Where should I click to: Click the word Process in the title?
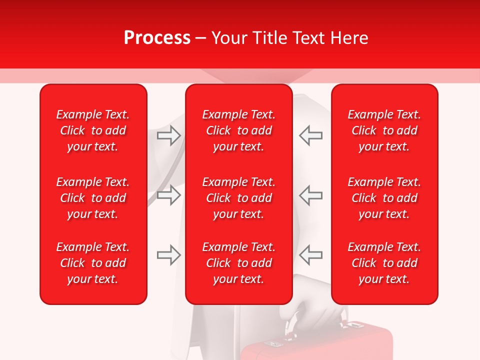tap(157, 37)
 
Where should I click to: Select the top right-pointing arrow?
tap(169, 135)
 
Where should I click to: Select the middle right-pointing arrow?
tap(169, 195)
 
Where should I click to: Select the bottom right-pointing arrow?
tap(169, 255)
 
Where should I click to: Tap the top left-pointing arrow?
tap(310, 135)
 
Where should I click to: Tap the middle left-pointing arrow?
tap(310, 195)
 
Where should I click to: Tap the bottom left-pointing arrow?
tap(310, 255)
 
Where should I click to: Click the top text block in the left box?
tap(93, 130)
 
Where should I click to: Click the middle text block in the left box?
tap(93, 198)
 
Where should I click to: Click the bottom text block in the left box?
tap(93, 263)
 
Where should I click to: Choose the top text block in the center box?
tap(238, 130)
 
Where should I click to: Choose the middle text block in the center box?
tap(238, 198)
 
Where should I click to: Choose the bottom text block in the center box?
tap(238, 263)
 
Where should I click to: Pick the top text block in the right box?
tap(384, 130)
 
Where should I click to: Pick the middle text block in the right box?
tap(384, 198)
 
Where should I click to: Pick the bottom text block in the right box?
tap(384, 263)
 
